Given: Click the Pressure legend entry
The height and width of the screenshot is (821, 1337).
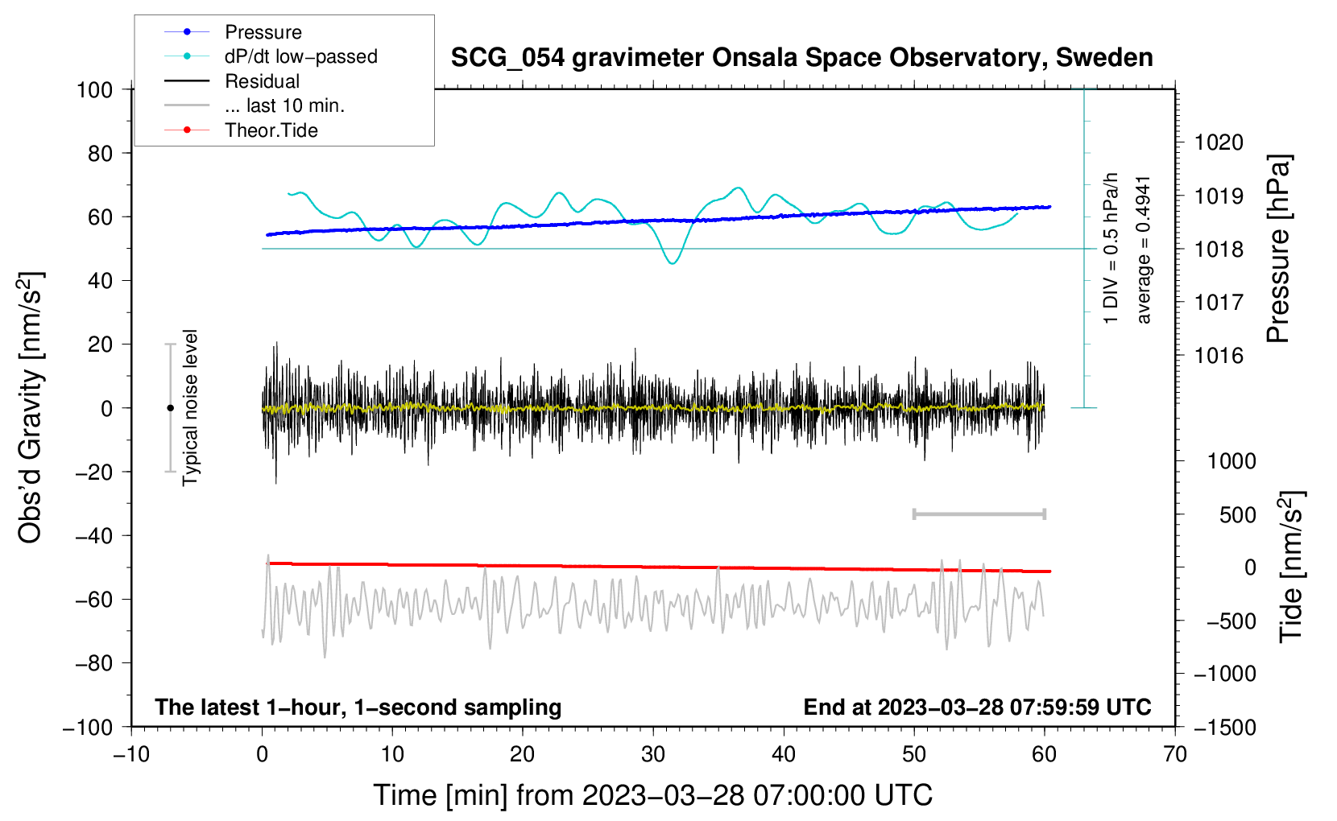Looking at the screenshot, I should pos(263,32).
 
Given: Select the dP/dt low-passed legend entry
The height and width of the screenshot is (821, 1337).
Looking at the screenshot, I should pos(300,56).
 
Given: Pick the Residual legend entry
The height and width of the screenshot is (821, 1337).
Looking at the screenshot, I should pos(262,81).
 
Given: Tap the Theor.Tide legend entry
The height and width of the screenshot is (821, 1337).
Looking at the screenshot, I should pos(271,130).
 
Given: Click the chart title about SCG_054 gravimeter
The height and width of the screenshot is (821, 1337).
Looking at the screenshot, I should pos(801,58).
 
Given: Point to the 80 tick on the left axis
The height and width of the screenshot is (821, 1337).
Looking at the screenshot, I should pos(100,153).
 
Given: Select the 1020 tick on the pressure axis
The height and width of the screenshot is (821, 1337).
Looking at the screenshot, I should pos(1219,142).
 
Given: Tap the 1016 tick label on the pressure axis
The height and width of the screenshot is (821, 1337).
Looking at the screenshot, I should pos(1219,356).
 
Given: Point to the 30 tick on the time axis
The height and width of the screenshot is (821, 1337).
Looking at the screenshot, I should pos(653,754).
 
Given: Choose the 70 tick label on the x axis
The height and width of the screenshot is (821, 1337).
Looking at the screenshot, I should pos(1175,754).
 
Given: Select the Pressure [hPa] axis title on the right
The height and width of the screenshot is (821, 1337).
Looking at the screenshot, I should pos(1278,249).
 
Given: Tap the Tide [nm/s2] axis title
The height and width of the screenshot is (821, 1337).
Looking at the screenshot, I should pos(1291,566).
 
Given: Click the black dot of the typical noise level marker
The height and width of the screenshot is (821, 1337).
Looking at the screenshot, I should pos(170,408).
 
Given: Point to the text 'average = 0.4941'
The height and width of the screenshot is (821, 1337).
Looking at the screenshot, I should pos(1144,250).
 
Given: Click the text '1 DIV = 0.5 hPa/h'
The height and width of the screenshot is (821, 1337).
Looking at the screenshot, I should pos(1111,248).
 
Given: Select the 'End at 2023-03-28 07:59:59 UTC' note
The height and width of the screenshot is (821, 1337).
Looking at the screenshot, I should pos(977,707).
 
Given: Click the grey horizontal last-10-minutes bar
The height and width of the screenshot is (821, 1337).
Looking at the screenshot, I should pos(979,514).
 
